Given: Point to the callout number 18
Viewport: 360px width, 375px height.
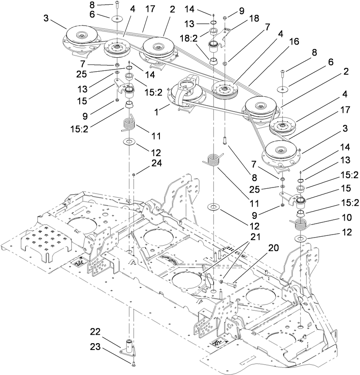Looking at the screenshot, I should [x=254, y=19].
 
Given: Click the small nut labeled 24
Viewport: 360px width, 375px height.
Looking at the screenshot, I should [x=134, y=174].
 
